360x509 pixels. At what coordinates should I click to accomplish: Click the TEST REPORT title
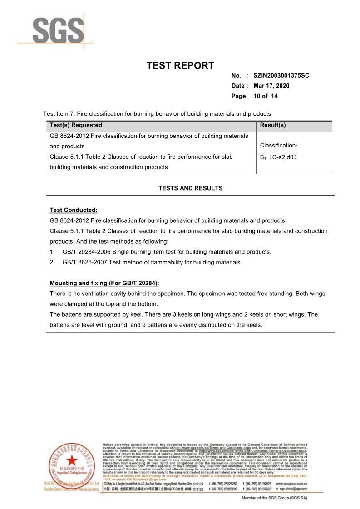click(180, 65)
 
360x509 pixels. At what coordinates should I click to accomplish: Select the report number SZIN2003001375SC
click(281, 75)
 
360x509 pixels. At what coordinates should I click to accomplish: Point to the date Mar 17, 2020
click(271, 86)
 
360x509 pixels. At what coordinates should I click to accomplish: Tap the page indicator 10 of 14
click(266, 96)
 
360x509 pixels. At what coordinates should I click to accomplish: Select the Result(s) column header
click(273, 125)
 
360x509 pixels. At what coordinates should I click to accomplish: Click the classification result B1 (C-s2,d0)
click(278, 157)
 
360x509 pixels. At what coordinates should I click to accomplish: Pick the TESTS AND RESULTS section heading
click(190, 188)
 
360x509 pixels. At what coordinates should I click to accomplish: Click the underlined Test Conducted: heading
click(74, 210)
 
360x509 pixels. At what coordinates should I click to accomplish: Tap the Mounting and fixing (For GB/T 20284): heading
click(104, 284)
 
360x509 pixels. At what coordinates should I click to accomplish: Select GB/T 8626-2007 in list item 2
click(83, 262)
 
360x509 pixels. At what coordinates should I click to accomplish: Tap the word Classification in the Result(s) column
click(277, 146)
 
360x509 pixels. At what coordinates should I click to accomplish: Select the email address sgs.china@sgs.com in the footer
click(294, 489)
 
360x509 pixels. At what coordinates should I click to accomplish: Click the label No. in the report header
click(236, 75)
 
